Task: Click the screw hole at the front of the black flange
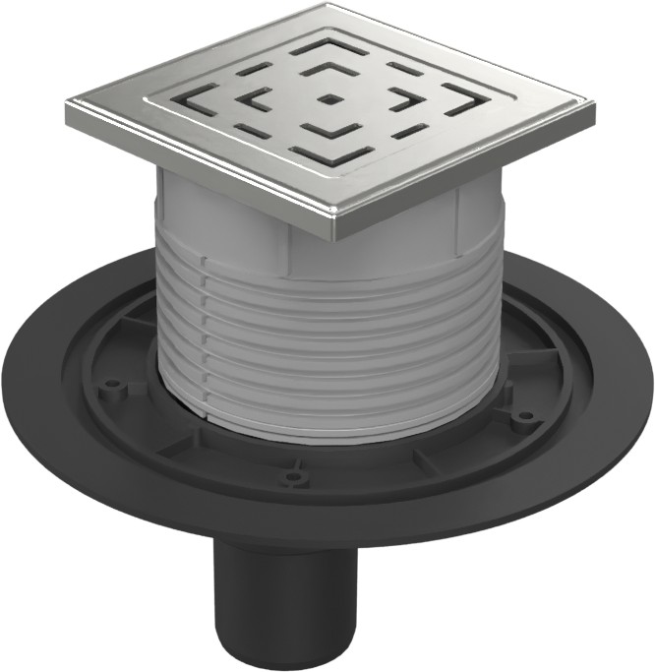(x=291, y=480)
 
